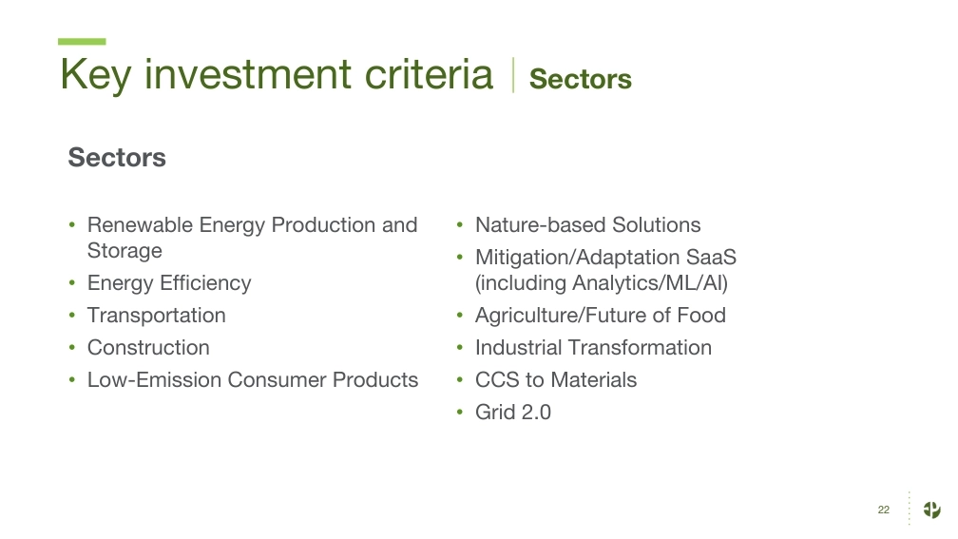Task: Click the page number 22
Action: (x=884, y=510)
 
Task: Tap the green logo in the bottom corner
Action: (x=931, y=510)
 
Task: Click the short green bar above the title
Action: (x=82, y=42)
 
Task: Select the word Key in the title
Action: (x=95, y=75)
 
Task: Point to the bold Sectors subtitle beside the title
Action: (x=581, y=79)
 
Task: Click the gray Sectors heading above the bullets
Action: (x=117, y=157)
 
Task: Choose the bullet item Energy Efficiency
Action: (x=169, y=283)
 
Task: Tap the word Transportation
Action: (x=157, y=316)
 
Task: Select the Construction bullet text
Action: (x=148, y=348)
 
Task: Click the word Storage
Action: (x=125, y=251)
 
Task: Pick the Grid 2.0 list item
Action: (x=513, y=412)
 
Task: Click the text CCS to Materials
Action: (x=556, y=379)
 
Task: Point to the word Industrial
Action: (x=519, y=348)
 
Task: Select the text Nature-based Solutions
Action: (x=587, y=225)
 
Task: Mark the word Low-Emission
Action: (x=155, y=379)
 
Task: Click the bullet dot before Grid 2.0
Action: (x=460, y=413)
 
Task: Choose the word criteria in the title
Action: (x=429, y=74)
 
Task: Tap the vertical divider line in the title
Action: (x=513, y=75)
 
